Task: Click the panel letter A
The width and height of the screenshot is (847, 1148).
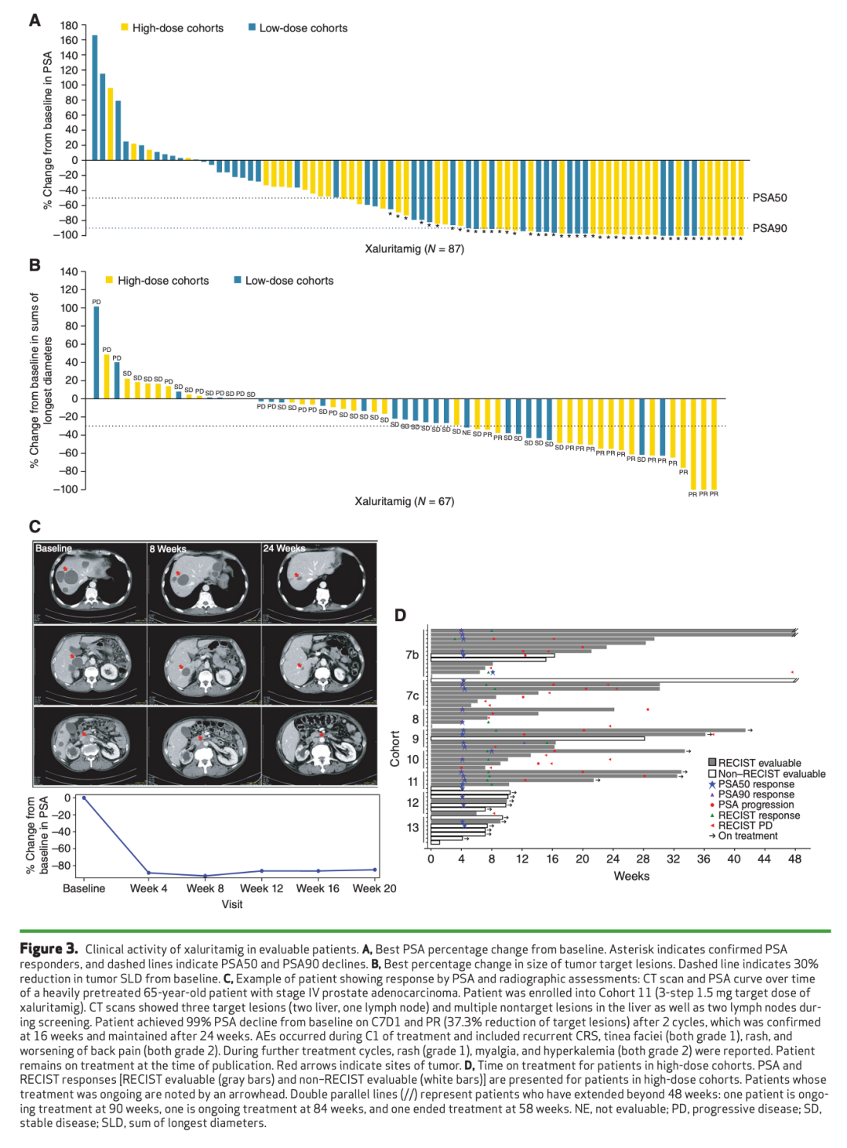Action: [x=35, y=20]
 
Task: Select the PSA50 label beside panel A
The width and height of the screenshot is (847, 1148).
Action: [x=769, y=198]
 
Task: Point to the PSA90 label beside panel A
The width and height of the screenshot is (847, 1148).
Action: [x=769, y=228]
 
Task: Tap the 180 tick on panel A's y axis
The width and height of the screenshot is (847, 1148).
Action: [x=69, y=26]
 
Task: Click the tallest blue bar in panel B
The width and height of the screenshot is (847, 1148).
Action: [x=96, y=352]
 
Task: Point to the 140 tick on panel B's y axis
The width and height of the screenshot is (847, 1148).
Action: [x=69, y=272]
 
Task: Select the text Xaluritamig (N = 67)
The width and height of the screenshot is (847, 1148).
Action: [x=404, y=501]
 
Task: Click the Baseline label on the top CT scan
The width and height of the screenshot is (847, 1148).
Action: [x=53, y=548]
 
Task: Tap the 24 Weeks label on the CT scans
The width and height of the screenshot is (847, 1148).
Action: [x=284, y=548]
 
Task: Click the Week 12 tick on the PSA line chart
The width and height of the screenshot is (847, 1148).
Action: [x=261, y=888]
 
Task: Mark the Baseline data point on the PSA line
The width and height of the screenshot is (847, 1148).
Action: [x=84, y=798]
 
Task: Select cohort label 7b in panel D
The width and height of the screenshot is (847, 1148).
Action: [x=412, y=655]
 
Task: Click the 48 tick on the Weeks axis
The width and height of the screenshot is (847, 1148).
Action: [x=794, y=859]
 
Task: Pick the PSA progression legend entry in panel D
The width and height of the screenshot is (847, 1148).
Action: [x=755, y=805]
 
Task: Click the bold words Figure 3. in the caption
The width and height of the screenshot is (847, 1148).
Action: [x=49, y=949]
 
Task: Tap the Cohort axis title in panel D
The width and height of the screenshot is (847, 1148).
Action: [x=395, y=749]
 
